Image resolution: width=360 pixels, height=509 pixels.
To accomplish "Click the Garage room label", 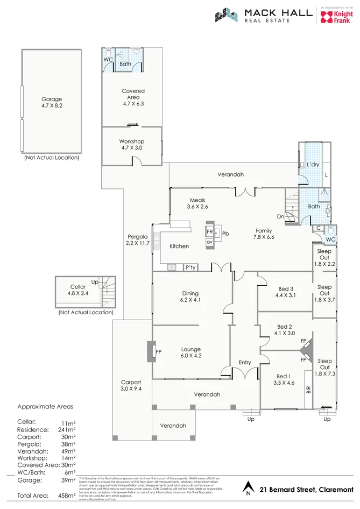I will [52, 102].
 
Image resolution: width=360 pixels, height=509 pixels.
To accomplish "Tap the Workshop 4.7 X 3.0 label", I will [132, 145].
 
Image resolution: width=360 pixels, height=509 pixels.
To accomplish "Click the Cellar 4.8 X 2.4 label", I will [78, 290].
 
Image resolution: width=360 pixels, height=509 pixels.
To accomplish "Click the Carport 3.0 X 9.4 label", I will [131, 386].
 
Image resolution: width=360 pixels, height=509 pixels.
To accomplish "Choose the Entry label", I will [245, 362].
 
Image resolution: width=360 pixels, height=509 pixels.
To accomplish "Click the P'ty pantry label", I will [189, 267].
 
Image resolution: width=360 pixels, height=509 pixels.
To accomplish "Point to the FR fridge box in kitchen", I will [209, 231].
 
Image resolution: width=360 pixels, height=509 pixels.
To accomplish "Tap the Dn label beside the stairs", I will [280, 216].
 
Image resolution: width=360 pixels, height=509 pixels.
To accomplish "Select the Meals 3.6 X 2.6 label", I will [197, 203].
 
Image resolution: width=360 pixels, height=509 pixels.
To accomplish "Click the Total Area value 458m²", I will [67, 495].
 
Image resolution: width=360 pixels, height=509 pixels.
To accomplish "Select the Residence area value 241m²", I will [67, 430].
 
